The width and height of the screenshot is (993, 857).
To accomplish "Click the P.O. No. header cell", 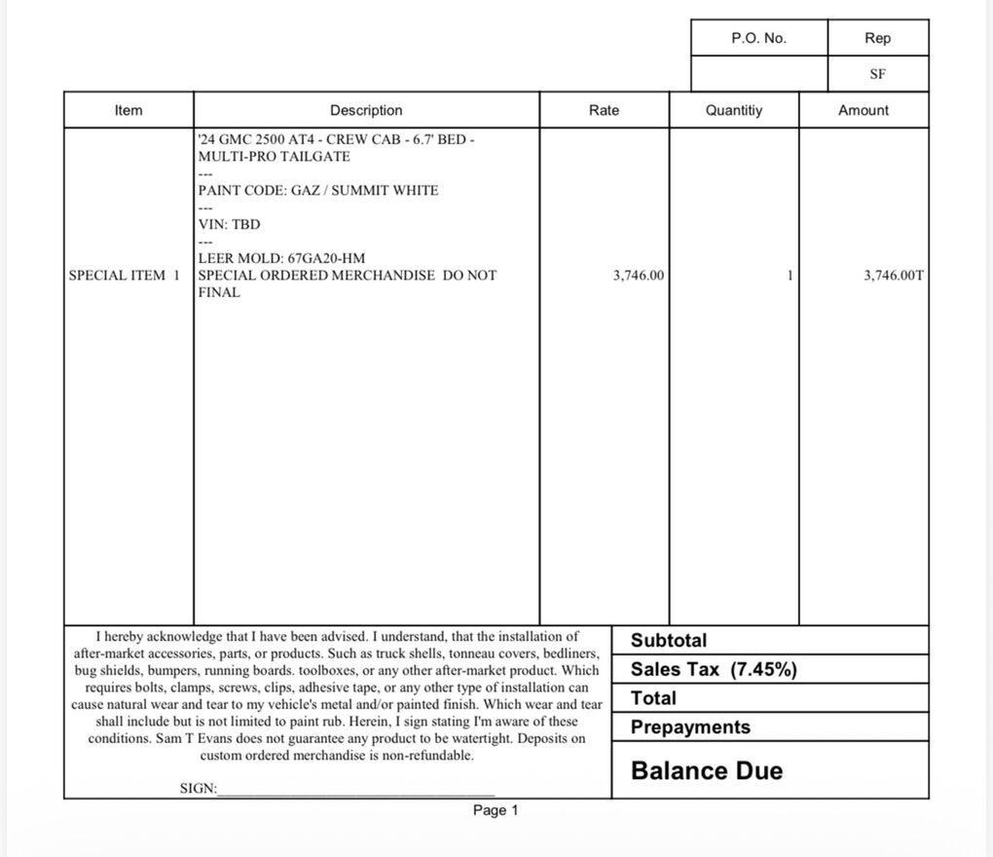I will click(x=758, y=38).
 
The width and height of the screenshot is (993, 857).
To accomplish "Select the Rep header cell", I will click(x=877, y=38).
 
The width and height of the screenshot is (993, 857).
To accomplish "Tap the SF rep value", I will click(x=877, y=74).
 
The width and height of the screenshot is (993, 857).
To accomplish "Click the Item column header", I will click(x=129, y=110).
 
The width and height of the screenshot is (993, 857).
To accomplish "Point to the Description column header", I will click(x=366, y=110).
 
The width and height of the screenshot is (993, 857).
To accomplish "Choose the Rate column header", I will click(x=604, y=110).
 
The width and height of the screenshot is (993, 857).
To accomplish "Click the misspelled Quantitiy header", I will click(x=734, y=110).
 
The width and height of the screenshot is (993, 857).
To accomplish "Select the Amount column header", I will click(x=864, y=110).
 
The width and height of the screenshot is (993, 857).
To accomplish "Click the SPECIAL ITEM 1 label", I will click(x=125, y=276).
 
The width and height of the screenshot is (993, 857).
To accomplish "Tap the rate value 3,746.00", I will click(x=639, y=276).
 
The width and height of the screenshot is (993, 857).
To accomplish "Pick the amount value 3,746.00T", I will click(x=894, y=276).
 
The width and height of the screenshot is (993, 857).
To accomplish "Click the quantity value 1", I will click(x=790, y=276).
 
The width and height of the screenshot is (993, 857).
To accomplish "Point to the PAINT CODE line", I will click(x=318, y=190).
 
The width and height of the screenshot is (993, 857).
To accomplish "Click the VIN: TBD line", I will click(x=230, y=224).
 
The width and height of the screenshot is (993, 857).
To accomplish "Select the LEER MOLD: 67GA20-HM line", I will click(x=282, y=258).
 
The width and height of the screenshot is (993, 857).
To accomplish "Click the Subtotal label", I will click(x=669, y=641).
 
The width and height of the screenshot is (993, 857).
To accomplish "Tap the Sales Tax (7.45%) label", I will click(x=714, y=669).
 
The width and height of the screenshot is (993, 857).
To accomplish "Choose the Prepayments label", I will click(x=690, y=727).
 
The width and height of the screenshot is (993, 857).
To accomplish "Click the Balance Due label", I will click(x=707, y=771).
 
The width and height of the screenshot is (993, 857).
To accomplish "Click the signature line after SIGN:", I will click(x=355, y=791).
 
